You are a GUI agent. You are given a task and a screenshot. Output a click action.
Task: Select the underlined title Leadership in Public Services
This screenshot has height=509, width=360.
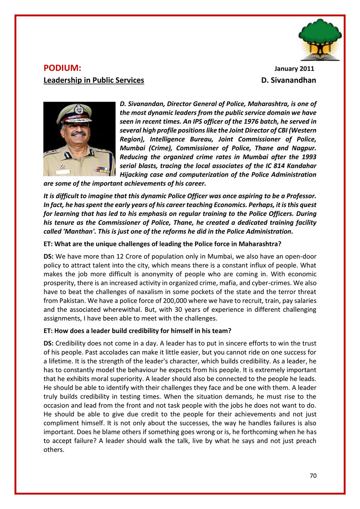pyautogui.click(x=94, y=80)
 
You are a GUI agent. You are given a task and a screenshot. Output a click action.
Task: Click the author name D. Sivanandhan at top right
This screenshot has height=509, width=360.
pyautogui.click(x=288, y=80)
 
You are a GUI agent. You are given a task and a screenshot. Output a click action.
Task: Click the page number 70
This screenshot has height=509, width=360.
pyautogui.click(x=313, y=476)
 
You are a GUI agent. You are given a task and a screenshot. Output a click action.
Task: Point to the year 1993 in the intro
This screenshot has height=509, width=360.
pyautogui.click(x=308, y=157)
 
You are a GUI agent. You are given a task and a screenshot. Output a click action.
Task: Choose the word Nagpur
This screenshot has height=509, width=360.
pyautogui.click(x=303, y=148)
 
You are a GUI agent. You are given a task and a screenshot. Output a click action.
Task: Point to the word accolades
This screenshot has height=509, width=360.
pyautogui.click(x=102, y=353)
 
